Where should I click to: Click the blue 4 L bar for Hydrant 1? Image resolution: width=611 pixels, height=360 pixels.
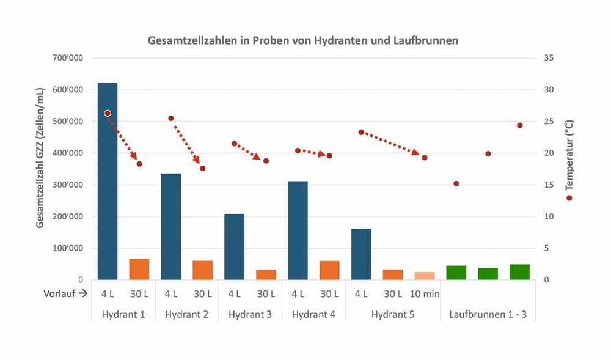pos(108,183)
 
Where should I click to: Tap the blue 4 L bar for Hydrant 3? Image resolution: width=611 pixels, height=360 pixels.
pos(234,247)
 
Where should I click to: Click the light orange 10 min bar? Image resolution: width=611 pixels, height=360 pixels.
pos(425,276)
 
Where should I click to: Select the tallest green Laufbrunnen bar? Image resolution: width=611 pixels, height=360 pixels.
pos(519,272)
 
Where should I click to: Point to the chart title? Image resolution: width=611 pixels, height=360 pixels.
pos(303,41)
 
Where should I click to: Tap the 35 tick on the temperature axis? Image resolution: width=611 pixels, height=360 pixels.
pos(548,58)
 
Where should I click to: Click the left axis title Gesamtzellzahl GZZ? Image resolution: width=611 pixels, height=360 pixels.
pos(40,158)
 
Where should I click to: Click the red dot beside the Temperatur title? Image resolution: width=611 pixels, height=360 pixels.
pos(569,198)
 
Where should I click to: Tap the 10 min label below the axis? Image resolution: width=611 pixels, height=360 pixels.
pos(425,293)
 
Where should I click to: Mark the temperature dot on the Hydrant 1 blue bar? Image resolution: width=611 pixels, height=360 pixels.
pos(108,113)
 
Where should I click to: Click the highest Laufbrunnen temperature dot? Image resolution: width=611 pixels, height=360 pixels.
pos(520,125)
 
